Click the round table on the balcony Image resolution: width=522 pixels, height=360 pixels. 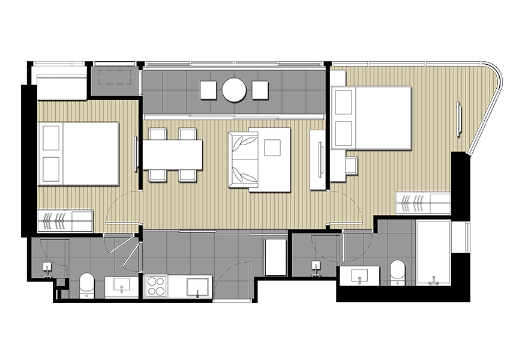(234, 90)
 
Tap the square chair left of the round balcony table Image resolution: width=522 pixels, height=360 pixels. (208, 90)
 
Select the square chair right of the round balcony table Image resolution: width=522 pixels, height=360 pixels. (260, 90)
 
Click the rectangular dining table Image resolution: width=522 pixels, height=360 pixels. (172, 154)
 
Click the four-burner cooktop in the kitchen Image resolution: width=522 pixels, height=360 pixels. (156, 286)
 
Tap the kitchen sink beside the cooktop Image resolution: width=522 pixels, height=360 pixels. (198, 287)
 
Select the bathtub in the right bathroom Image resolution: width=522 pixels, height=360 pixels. (433, 253)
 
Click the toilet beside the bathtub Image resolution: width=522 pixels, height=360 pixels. (398, 271)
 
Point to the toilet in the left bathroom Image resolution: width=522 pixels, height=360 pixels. (87, 284)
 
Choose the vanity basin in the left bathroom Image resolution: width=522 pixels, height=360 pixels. (121, 287)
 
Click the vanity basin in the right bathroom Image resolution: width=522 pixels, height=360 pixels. (359, 276)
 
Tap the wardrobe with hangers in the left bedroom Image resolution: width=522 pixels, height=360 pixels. (65, 220)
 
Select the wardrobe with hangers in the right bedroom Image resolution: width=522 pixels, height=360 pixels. (422, 203)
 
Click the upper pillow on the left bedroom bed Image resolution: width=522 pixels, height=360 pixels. (51, 138)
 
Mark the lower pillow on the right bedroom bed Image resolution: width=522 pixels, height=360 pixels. (343, 133)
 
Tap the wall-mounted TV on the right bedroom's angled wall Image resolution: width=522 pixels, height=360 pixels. (459, 119)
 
